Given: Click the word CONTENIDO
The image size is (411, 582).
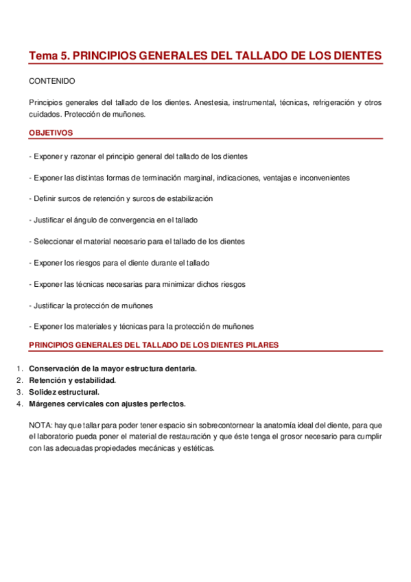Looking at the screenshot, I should [x=52, y=81].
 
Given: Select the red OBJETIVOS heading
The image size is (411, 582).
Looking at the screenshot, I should [x=51, y=132].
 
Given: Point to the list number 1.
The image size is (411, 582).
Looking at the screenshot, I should [x=20, y=369].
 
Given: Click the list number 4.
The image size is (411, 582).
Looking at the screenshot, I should [x=20, y=404].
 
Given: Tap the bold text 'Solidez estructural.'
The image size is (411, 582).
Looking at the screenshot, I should [x=64, y=392].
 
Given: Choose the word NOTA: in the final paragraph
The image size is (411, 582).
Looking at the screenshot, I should [x=40, y=425].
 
